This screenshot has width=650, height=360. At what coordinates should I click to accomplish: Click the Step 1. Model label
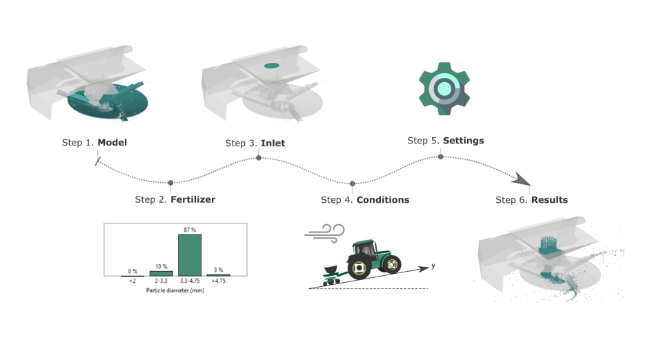[94, 143]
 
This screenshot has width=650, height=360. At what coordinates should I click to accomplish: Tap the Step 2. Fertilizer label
[175, 200]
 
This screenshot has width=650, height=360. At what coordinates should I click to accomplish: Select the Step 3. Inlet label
[255, 143]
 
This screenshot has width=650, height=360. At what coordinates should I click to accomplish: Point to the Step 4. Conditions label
[365, 200]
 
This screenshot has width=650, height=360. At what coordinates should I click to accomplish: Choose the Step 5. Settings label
[445, 141]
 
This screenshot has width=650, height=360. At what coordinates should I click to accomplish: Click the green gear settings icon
[444, 89]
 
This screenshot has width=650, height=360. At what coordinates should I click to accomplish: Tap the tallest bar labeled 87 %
[190, 254]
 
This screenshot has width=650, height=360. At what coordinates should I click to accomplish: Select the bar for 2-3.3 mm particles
[161, 273]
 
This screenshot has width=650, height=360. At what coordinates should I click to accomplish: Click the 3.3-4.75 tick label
[190, 281]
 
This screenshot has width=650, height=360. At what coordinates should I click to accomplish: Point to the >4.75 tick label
[217, 281]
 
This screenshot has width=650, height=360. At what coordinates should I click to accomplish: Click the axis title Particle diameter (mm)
[175, 290]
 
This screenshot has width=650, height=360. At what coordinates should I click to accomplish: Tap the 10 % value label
[161, 266]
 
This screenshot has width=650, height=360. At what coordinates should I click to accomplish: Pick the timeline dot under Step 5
[441, 157]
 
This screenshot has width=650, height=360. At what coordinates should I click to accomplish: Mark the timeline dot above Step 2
[170, 183]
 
